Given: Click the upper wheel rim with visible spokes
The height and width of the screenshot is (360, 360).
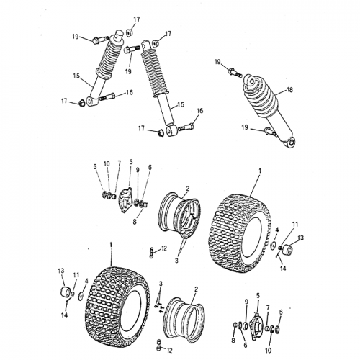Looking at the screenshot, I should (176, 214).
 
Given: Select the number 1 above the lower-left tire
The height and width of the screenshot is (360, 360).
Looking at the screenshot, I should (112, 246).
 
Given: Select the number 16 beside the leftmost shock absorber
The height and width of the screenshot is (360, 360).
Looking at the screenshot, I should (130, 92).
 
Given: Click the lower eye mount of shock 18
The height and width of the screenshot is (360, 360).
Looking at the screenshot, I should (290, 145).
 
